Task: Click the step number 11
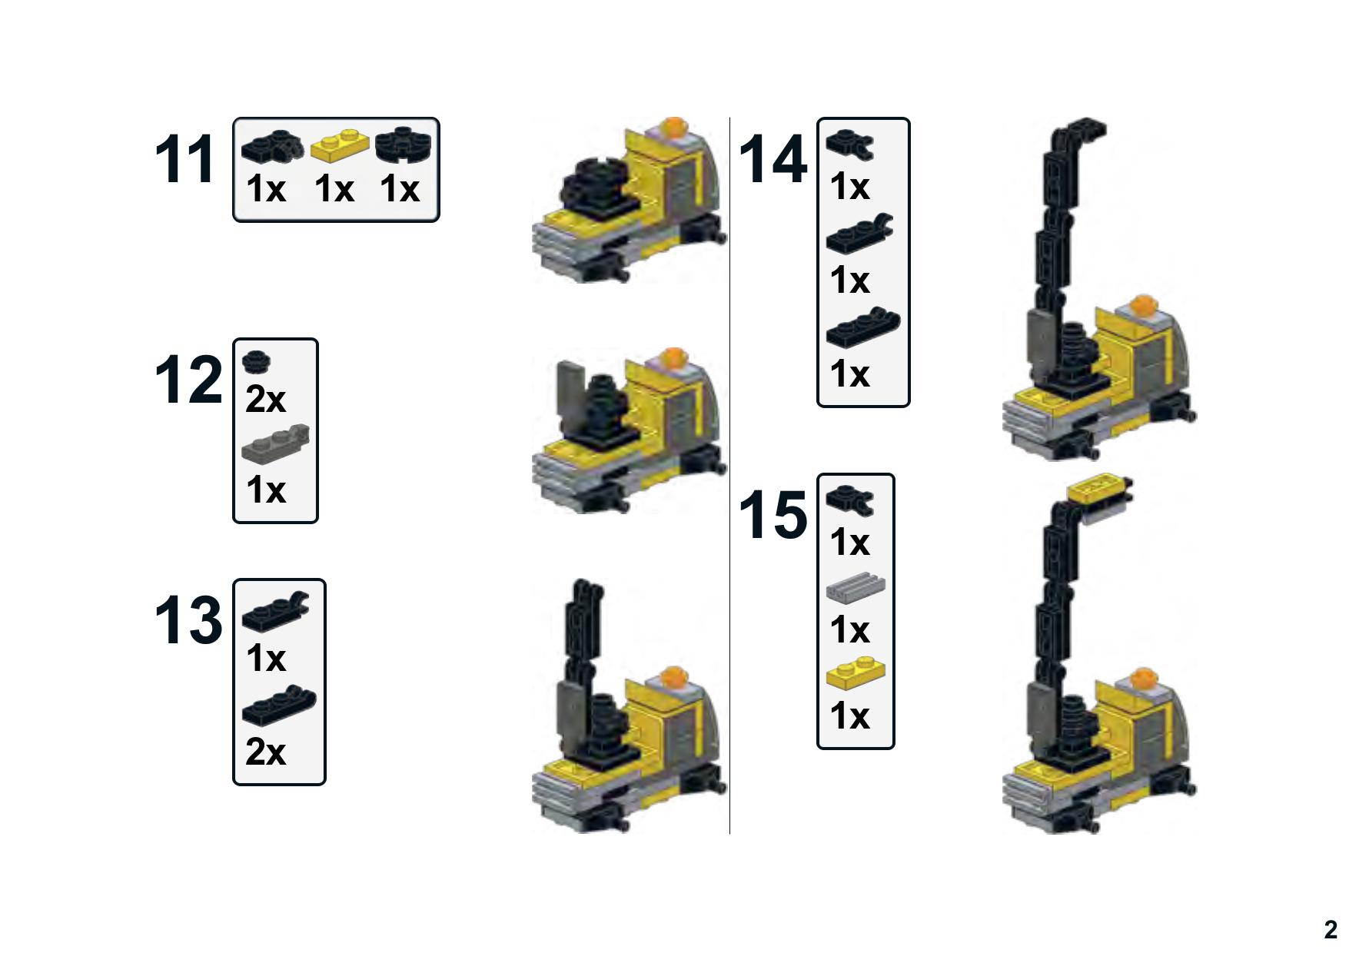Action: [x=184, y=160]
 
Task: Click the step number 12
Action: [x=188, y=380]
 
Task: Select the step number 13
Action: [x=188, y=620]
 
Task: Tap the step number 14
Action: [x=773, y=160]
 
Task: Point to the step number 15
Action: [x=773, y=515]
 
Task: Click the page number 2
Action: [x=1331, y=929]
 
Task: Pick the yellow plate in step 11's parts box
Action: [x=340, y=144]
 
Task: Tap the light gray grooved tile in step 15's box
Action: [x=856, y=588]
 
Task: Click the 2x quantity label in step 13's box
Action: [x=265, y=752]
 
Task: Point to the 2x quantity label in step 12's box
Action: [x=265, y=399]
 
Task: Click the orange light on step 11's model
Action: [x=673, y=127]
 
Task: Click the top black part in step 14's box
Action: [x=850, y=144]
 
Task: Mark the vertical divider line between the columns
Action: [x=729, y=475]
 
